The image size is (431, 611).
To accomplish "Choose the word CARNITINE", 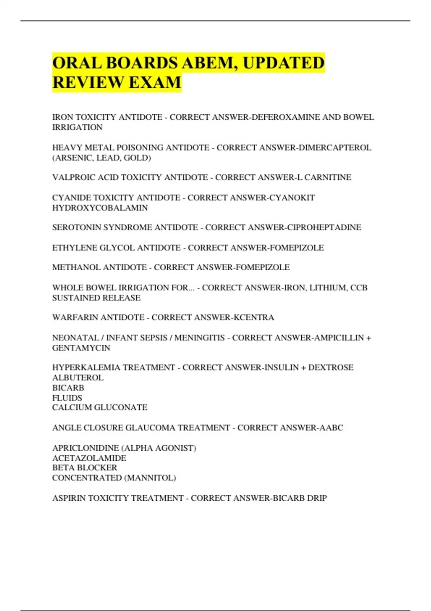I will tap(328, 178).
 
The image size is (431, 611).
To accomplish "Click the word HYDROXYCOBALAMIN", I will tap(100, 208).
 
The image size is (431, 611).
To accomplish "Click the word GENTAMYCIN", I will tap(81, 348).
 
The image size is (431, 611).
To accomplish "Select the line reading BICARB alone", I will tap(68, 388).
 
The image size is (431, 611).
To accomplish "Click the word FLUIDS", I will tap(67, 398).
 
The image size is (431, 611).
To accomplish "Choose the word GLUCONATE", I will tap(125, 408).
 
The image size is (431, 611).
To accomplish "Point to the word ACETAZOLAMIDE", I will tap(89, 458).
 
